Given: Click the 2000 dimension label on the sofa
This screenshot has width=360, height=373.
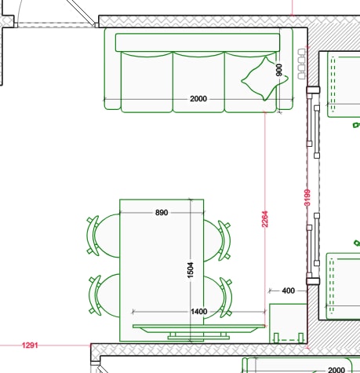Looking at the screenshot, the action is (198, 99).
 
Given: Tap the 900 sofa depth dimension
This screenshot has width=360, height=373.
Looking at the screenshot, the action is (279, 70).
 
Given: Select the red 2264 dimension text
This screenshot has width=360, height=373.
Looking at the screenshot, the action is (264, 219).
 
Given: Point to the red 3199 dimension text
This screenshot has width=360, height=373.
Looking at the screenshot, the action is (307, 198).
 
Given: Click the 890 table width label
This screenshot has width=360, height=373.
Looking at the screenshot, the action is (162, 212).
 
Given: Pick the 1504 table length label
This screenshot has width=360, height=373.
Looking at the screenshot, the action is (191, 270).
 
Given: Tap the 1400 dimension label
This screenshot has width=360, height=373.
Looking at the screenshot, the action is (199, 312).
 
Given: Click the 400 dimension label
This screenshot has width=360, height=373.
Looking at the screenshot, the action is (289, 291).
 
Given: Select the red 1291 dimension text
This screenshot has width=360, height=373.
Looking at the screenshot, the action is (30, 346).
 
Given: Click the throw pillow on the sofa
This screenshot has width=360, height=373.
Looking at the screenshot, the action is (264, 79).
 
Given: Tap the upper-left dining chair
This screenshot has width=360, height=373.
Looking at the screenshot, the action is (104, 236).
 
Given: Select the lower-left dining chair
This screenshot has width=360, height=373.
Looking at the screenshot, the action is (104, 295).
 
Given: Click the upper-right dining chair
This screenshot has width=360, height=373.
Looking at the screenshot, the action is (217, 240).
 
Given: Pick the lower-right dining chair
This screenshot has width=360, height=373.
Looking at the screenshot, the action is (218, 298).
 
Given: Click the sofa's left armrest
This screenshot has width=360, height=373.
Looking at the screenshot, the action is (112, 68).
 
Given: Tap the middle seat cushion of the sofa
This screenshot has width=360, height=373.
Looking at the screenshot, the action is (198, 82).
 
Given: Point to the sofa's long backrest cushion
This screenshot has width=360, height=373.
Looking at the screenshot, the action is (198, 42).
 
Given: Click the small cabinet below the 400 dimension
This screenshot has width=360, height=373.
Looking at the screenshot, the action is (288, 324).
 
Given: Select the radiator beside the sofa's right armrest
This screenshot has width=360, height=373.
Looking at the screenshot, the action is (301, 64).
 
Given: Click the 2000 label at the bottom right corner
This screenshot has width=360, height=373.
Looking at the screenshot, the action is (336, 370).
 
